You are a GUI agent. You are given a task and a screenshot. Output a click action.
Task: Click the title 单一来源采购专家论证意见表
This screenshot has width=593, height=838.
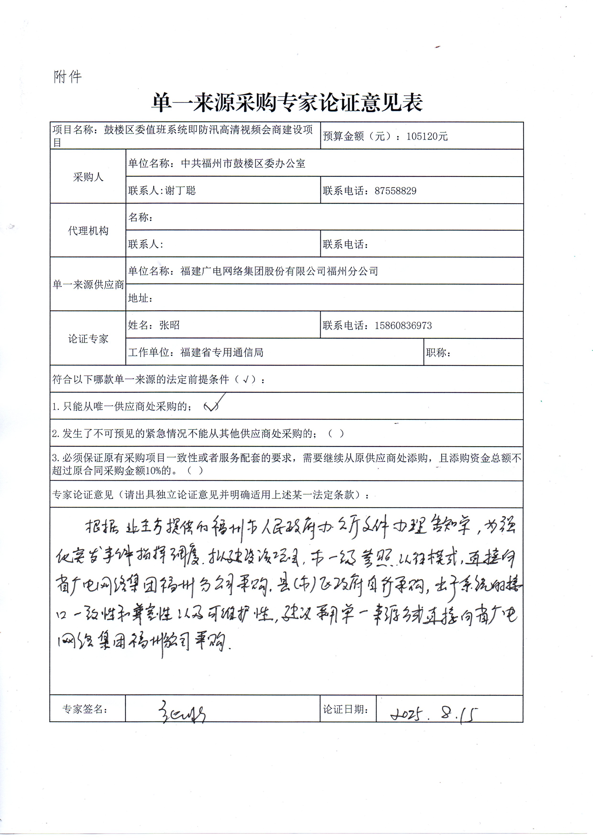point(287,102)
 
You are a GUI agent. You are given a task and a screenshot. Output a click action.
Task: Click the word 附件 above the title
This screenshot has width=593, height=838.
point(68,77)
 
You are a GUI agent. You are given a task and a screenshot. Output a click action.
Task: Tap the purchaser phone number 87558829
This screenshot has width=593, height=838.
point(396,190)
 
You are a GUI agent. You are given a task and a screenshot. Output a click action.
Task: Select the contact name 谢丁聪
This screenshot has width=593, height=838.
point(180,190)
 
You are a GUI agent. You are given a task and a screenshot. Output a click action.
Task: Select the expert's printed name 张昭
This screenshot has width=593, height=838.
point(169,325)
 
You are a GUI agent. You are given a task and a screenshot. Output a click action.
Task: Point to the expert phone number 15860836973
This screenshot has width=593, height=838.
point(403,325)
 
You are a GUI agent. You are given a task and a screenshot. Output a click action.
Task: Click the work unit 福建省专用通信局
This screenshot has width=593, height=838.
point(222,352)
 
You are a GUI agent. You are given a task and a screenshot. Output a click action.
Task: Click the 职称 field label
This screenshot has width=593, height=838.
point(438,352)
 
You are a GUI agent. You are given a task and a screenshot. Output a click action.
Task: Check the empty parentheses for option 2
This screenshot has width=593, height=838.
point(336,433)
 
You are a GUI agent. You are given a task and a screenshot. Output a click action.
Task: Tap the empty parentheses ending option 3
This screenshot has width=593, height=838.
point(195,470)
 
